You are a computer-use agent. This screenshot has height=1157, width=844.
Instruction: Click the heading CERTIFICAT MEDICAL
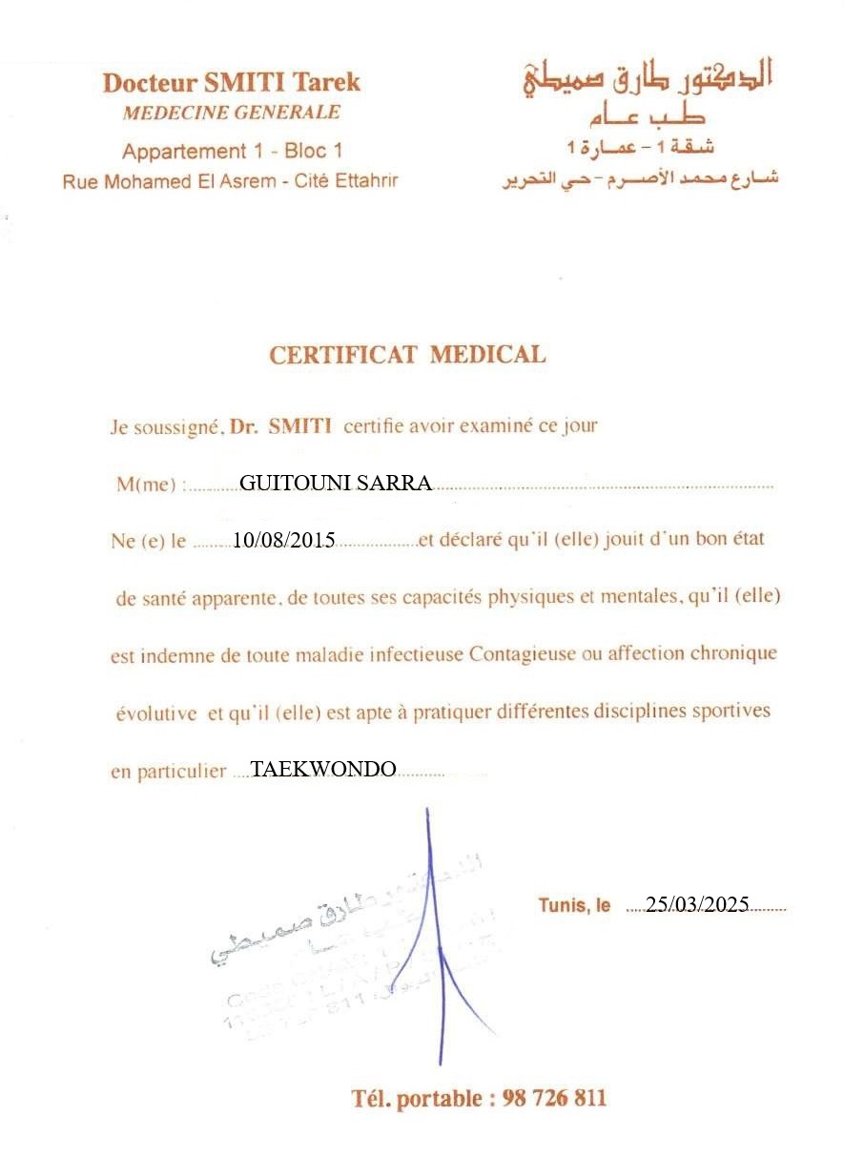(407, 355)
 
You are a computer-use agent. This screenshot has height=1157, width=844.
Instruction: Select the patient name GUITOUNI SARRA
(335, 483)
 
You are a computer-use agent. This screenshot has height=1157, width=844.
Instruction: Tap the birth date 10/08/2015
(283, 541)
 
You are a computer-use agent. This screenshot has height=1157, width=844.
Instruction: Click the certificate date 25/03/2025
(697, 905)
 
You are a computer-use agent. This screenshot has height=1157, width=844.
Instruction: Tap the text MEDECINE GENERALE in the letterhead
(231, 113)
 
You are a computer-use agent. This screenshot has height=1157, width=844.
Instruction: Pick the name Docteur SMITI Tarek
(231, 82)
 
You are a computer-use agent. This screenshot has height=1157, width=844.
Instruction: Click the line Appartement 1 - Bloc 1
(231, 151)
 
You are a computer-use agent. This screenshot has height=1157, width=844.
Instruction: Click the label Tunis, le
(574, 905)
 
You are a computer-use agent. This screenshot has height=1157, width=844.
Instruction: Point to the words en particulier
(168, 772)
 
